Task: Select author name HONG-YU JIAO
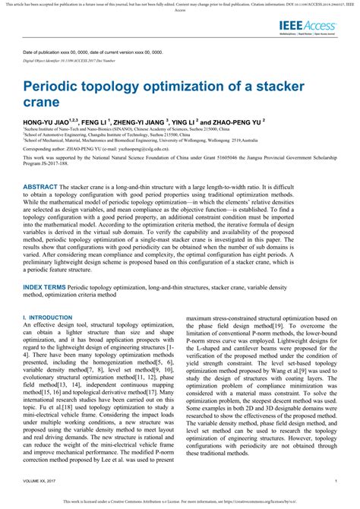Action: (46, 121)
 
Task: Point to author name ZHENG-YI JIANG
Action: (147, 121)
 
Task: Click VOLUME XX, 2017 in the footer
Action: (45, 481)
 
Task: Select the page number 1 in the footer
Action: (335, 481)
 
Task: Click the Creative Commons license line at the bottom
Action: (180, 502)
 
